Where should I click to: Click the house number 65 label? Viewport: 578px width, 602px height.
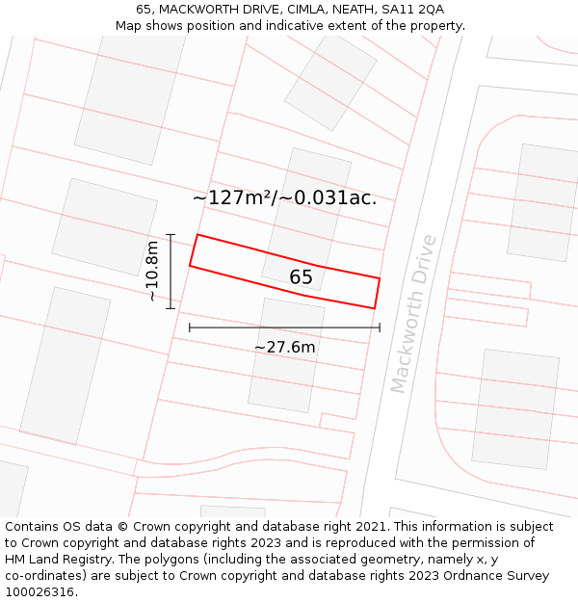pyautogui.click(x=301, y=277)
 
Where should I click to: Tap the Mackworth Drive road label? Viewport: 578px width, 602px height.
pyautogui.click(x=413, y=313)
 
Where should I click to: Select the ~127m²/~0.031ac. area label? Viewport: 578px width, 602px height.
pyautogui.click(x=284, y=197)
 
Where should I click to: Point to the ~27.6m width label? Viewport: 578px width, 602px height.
pyautogui.click(x=284, y=347)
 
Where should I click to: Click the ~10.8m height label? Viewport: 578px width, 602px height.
pyautogui.click(x=152, y=271)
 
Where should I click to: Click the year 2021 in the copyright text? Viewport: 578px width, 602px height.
pyautogui.click(x=370, y=527)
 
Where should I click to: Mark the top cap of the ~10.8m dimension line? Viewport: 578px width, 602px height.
pyautogui.click(x=171, y=234)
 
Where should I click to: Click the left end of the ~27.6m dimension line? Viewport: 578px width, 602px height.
pyautogui.click(x=190, y=327)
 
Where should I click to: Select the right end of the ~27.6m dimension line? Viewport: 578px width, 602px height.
pyautogui.click(x=380, y=327)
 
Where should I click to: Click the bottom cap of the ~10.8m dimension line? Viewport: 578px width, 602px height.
pyautogui.click(x=171, y=308)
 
